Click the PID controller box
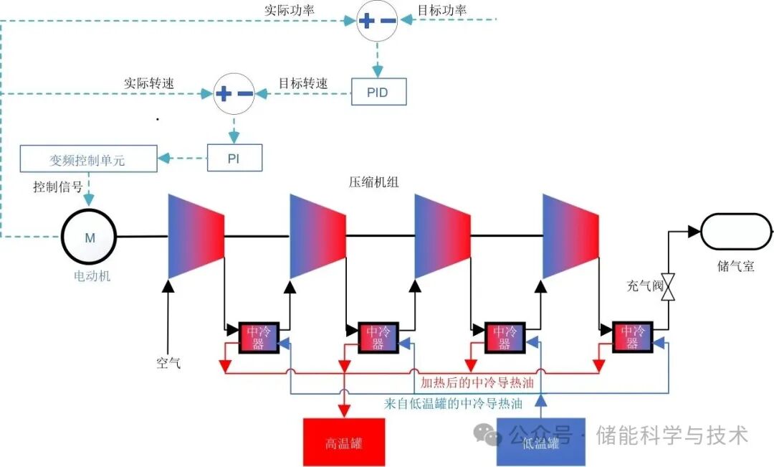pyautogui.click(x=378, y=92)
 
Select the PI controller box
pyautogui.click(x=234, y=157)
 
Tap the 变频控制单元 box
pyautogui.click(x=88, y=159)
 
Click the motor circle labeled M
pyautogui.click(x=90, y=237)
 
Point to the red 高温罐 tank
pyautogui.click(x=344, y=442)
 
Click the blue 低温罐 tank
pyautogui.click(x=541, y=442)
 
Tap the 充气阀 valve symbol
pyautogui.click(x=669, y=287)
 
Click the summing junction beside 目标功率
pyautogui.click(x=378, y=21)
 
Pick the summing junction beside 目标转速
pyautogui.click(x=234, y=93)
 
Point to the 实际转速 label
pyautogui.click(x=149, y=83)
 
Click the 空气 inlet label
pyautogui.click(x=168, y=362)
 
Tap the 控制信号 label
pyautogui.click(x=57, y=187)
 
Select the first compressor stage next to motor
pyautogui.click(x=196, y=235)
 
